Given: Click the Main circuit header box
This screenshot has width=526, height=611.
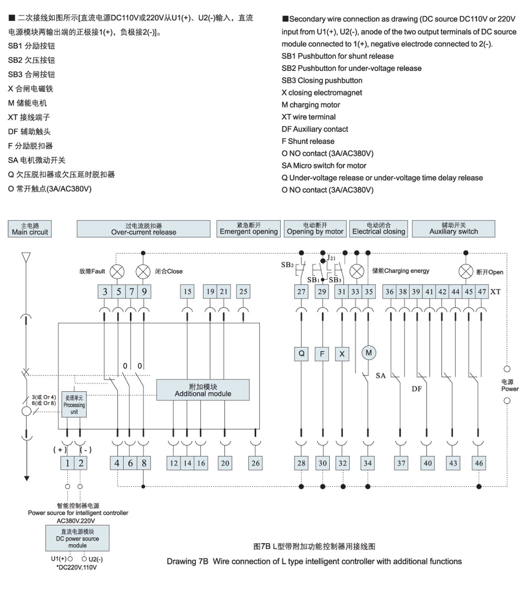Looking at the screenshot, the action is point(29,229).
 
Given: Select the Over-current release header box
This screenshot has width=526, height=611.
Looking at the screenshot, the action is point(144,229).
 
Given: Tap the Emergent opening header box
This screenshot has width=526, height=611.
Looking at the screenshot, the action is point(249,229).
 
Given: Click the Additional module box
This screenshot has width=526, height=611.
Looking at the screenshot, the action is point(203,390).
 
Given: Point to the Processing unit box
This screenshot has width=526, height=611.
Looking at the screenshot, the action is point(74,405).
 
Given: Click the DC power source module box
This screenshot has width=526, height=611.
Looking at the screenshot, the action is point(77,538).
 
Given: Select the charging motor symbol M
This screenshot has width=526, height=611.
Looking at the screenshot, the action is point(369,353).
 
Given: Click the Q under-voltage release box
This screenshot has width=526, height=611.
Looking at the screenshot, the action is point(301,354).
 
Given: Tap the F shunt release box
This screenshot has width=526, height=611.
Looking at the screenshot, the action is point(322,354).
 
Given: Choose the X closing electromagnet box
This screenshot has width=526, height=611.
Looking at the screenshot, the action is point(342,354).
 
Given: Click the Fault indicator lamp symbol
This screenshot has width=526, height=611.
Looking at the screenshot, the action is point(117,272).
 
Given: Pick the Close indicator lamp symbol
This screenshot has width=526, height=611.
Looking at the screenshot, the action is point(143,272).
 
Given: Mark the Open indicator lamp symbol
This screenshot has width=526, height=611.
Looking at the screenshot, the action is point(466,272).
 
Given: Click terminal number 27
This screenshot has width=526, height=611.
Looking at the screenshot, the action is point(301,291).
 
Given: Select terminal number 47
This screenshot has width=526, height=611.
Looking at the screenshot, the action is point(482,291).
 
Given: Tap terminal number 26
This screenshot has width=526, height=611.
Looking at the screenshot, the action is point(256,463).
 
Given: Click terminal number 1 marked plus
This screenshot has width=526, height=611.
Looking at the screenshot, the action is point(67,463).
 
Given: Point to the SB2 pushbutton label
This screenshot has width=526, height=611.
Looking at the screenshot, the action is point(287,265).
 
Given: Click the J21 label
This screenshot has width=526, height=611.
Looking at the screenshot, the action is point(331,258).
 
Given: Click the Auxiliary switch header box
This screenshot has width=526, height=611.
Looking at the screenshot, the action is point(453,229).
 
